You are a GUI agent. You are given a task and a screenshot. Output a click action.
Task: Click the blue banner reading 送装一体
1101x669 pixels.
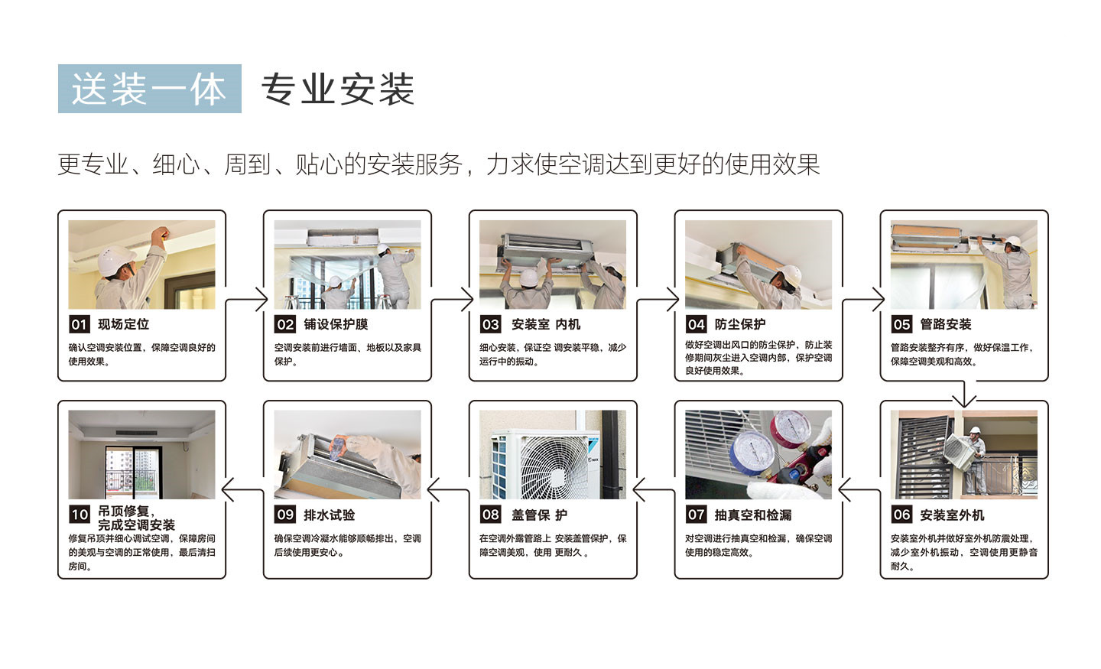[x=149, y=89]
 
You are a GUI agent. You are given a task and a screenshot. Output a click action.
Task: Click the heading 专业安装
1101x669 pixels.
[x=338, y=89]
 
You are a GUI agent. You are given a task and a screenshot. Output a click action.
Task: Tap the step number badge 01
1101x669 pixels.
[x=80, y=324]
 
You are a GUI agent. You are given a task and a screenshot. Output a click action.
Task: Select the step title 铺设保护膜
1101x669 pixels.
[x=336, y=324]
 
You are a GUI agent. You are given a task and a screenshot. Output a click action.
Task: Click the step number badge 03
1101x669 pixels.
[x=491, y=324]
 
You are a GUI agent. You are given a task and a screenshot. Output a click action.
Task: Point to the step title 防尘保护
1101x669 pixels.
[x=740, y=324]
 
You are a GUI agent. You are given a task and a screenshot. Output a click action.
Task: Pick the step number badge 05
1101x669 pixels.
[x=901, y=324]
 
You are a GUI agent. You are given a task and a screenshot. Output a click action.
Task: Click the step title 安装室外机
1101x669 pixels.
[x=952, y=515]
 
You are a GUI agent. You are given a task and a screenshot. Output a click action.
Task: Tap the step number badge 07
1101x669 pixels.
[x=696, y=515]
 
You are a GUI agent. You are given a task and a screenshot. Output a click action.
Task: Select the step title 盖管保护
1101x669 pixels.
[x=539, y=515]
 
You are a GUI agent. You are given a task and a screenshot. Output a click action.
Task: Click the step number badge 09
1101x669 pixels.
[x=285, y=515]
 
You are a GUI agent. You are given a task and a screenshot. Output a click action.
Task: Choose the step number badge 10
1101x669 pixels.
[x=80, y=515]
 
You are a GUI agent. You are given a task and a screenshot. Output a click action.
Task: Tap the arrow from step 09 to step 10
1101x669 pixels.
[x=243, y=489]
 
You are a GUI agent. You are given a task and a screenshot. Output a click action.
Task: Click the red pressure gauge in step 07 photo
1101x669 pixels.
[x=792, y=427]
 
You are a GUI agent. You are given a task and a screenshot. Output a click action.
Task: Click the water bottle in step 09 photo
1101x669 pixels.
[x=339, y=447]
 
